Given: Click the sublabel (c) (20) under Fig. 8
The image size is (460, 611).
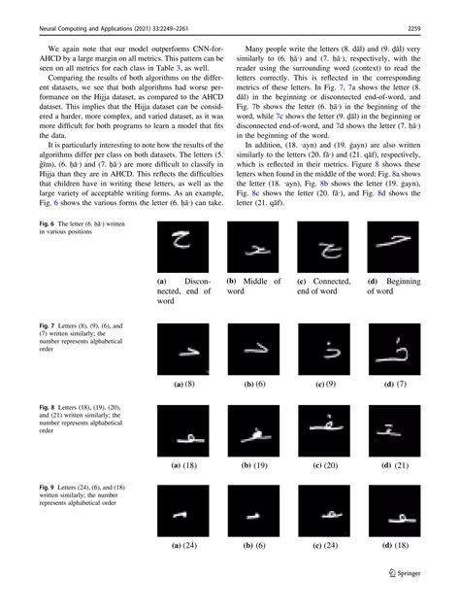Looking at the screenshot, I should (x=323, y=464).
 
